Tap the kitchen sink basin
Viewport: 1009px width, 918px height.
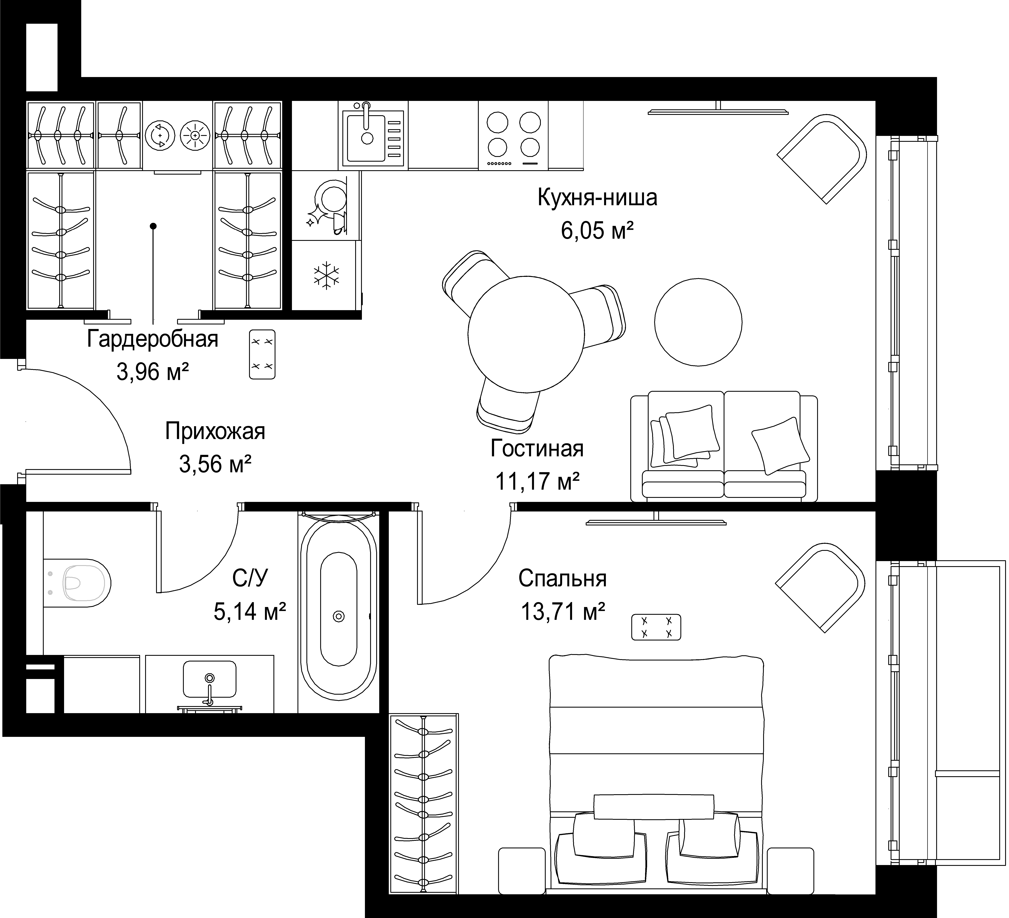click(x=364, y=138)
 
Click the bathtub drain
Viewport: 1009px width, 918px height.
click(x=339, y=616)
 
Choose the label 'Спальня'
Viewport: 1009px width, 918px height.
click(x=563, y=579)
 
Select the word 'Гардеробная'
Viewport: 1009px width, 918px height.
click(x=153, y=339)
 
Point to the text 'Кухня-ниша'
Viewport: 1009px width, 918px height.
click(x=597, y=198)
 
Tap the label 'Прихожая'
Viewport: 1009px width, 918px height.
click(x=215, y=431)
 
